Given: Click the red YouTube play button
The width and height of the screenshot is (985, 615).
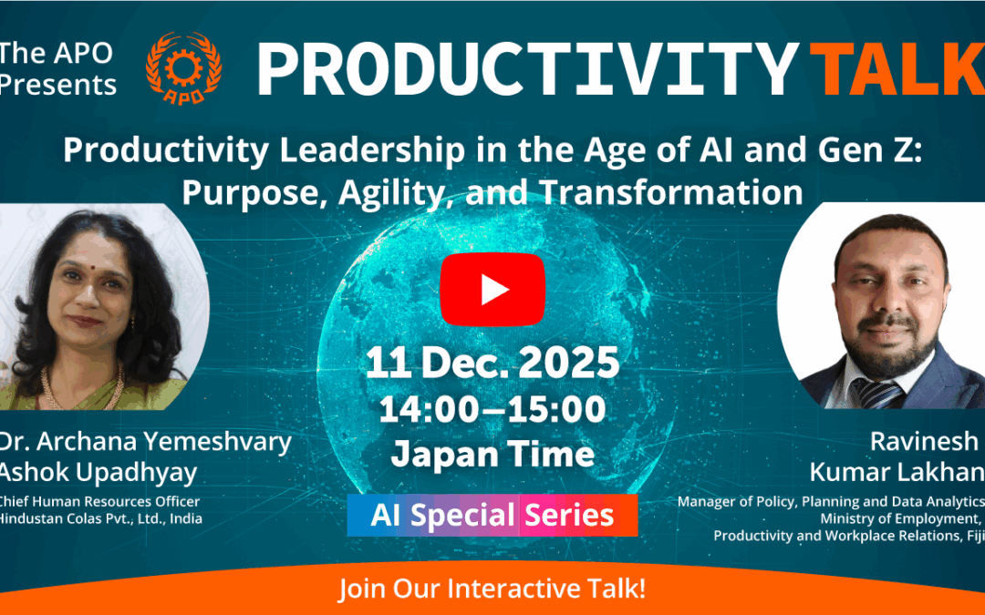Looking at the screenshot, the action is tap(492, 290).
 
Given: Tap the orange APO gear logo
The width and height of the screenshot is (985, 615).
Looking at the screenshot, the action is tap(183, 67).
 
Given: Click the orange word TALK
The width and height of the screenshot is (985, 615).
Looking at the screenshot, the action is tap(897, 69).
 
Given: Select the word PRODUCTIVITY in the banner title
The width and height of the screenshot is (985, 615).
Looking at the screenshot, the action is tap(528, 69).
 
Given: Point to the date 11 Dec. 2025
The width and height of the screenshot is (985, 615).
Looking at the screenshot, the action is tap(493, 363).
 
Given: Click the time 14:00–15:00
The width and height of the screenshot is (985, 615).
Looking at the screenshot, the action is tap(493, 409).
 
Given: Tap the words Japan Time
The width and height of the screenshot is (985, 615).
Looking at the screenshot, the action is tap(493, 455).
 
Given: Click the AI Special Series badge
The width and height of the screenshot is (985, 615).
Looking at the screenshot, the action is tap(493, 515).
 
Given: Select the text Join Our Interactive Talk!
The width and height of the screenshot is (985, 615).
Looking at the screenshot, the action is tap(493, 589).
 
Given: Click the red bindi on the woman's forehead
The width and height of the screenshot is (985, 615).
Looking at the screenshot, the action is tap(92, 266).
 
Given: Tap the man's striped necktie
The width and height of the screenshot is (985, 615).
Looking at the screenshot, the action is tap(876, 393).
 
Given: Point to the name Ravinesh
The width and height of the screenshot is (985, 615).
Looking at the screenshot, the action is tap(924, 441).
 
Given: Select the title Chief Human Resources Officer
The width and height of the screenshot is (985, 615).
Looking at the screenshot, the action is tap(98, 501).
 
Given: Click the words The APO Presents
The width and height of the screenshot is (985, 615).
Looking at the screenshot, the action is tap(57, 68).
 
